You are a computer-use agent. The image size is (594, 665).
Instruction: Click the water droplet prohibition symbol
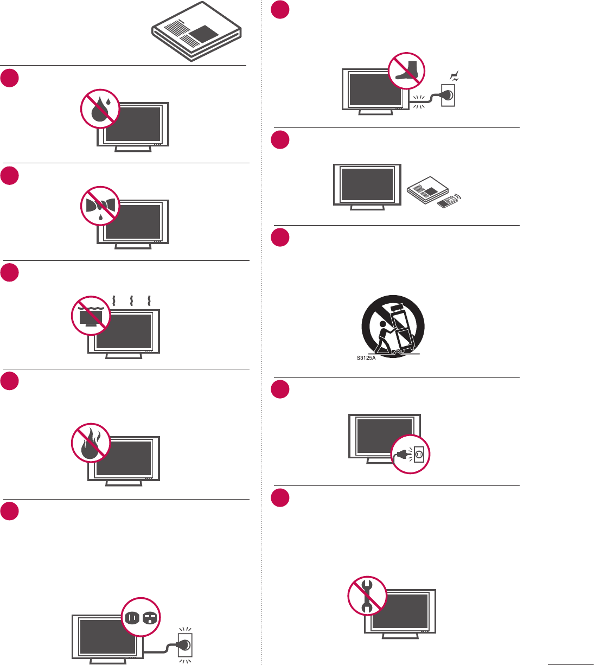click(x=100, y=108)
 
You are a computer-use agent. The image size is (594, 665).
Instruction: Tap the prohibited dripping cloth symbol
click(x=100, y=206)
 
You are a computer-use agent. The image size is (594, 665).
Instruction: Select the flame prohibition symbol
click(x=91, y=443)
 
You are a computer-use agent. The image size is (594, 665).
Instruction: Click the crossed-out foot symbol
click(x=407, y=72)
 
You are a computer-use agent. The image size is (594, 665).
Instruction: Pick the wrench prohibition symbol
click(x=367, y=595)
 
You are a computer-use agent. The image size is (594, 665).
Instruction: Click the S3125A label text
click(x=366, y=358)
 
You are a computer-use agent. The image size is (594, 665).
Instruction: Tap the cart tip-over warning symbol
click(x=393, y=325)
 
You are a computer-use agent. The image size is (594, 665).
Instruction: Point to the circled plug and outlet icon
click(x=411, y=453)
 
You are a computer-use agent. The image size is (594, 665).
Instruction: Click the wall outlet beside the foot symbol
click(x=448, y=95)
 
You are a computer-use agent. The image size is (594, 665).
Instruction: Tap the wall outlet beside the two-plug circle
click(x=185, y=644)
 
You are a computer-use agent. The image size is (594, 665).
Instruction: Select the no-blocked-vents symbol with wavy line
click(x=91, y=316)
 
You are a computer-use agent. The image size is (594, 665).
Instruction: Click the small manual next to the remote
click(x=428, y=189)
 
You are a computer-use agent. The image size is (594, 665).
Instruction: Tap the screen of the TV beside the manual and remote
click(x=367, y=184)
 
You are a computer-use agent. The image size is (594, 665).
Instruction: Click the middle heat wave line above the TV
click(x=131, y=300)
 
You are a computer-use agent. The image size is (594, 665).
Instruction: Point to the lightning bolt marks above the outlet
click(x=455, y=75)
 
